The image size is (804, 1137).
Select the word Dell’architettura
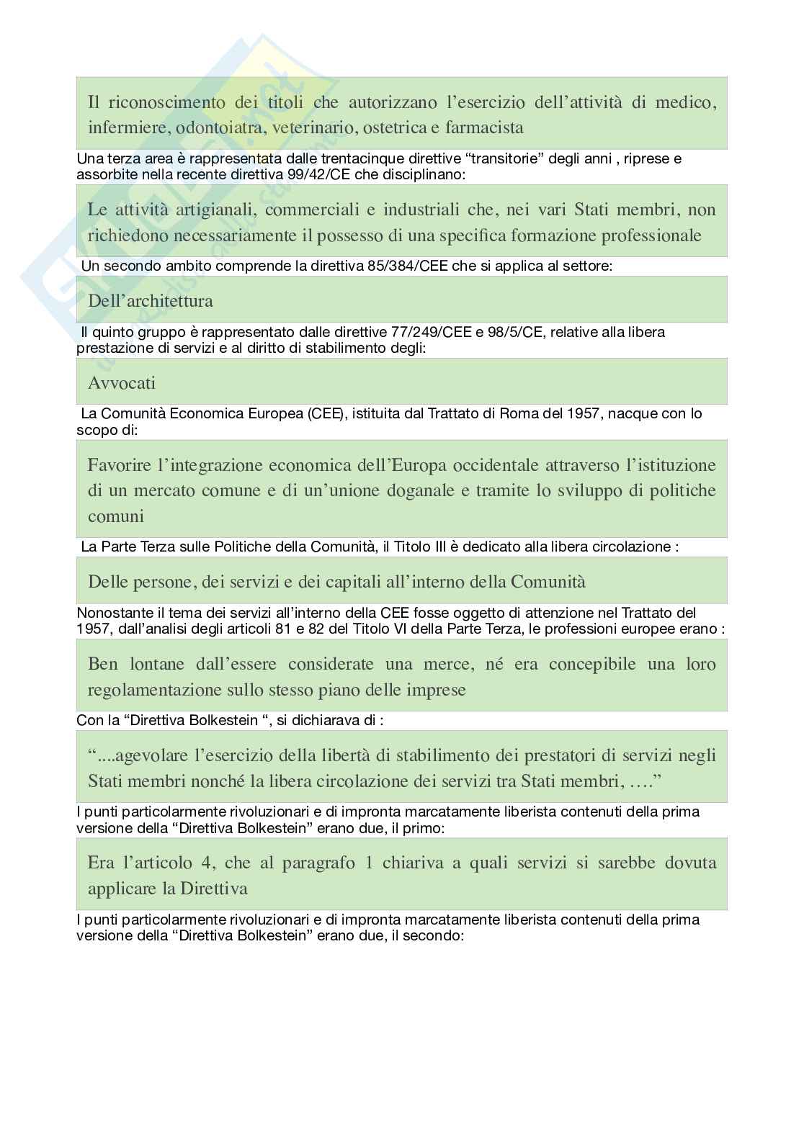point(151,300)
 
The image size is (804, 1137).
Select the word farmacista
point(484,127)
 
